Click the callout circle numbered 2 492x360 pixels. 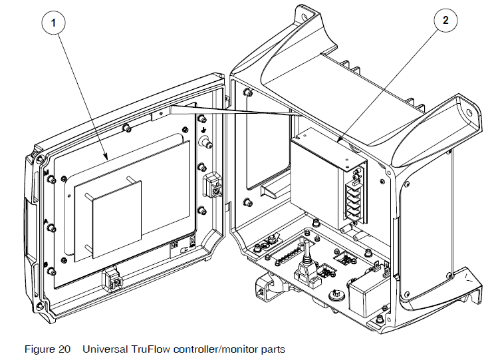tap(445, 19)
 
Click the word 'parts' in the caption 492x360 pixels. tap(273, 349)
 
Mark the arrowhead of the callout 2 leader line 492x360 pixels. tap(338, 141)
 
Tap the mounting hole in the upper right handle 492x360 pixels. tap(472, 113)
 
